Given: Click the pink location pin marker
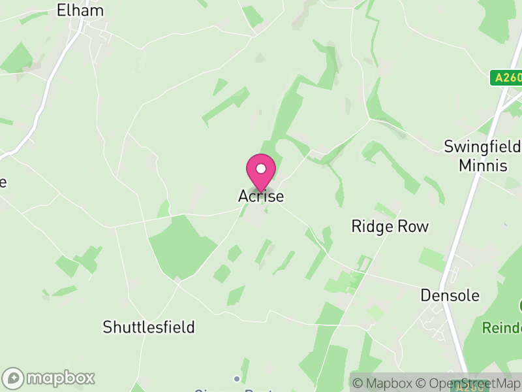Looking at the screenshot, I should (x=261, y=171).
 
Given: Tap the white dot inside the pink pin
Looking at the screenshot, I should (x=261, y=169).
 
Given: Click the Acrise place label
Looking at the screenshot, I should (x=261, y=196).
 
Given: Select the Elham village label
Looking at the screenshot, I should (x=80, y=10).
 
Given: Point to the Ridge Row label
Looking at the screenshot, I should (x=390, y=227).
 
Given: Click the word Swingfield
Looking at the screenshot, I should (x=482, y=146).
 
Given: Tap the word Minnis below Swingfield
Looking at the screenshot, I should (x=483, y=165).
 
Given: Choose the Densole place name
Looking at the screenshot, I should (x=450, y=295).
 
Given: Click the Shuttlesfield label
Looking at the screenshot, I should (x=149, y=327).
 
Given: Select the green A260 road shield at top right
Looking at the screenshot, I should (x=506, y=78).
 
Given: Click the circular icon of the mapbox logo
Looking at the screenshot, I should (x=14, y=378).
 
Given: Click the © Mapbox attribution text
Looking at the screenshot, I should (x=386, y=384).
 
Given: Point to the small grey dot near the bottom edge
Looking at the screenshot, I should (x=236, y=378).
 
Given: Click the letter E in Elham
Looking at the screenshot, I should (x=61, y=10).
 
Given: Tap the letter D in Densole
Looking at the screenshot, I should (x=425, y=295).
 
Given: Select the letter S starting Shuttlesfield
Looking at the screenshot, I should (x=108, y=327).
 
